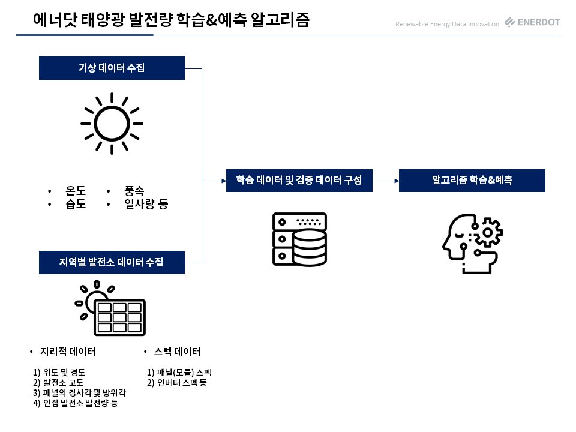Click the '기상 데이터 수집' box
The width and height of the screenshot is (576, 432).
112,68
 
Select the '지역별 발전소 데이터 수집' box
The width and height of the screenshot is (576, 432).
112,262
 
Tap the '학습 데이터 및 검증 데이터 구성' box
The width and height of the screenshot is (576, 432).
299,181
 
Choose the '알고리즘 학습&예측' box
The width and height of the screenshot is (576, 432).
472,181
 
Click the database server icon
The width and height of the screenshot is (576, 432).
300,239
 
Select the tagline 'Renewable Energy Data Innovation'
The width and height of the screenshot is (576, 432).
447,24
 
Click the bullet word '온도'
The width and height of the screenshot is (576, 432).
76,191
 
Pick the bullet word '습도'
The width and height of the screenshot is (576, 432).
76,204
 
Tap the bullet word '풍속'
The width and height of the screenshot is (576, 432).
134,191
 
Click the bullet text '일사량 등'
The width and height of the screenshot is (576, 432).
146,204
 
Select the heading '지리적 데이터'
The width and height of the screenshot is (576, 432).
68,352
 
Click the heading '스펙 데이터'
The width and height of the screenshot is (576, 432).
177,352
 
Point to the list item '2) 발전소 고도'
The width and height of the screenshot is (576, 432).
58,383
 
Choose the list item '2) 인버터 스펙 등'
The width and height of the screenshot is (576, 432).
176,383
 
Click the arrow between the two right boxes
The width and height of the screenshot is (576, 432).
386,181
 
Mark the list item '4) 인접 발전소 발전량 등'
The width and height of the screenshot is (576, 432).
76,403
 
